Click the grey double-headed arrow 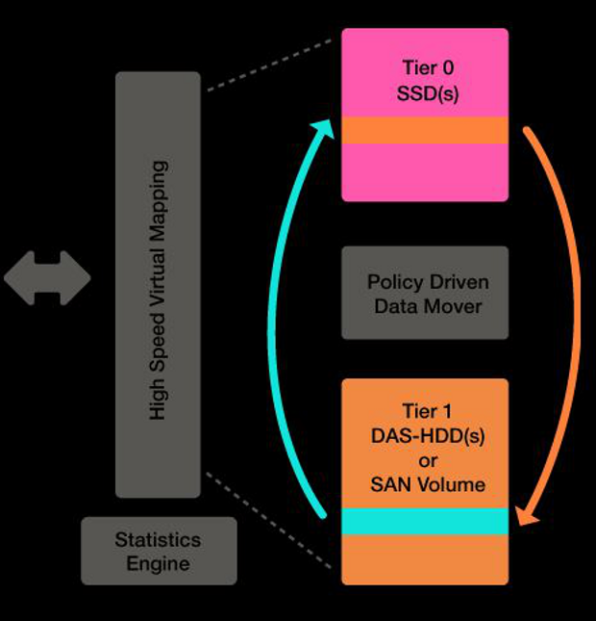(47, 278)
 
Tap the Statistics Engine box (159, 551)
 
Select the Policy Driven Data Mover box (426, 295)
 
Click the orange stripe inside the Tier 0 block (425, 130)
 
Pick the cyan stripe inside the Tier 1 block (425, 521)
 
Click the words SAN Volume (427, 483)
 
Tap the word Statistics (158, 539)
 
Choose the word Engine (158, 563)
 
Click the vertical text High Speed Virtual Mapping (159, 289)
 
